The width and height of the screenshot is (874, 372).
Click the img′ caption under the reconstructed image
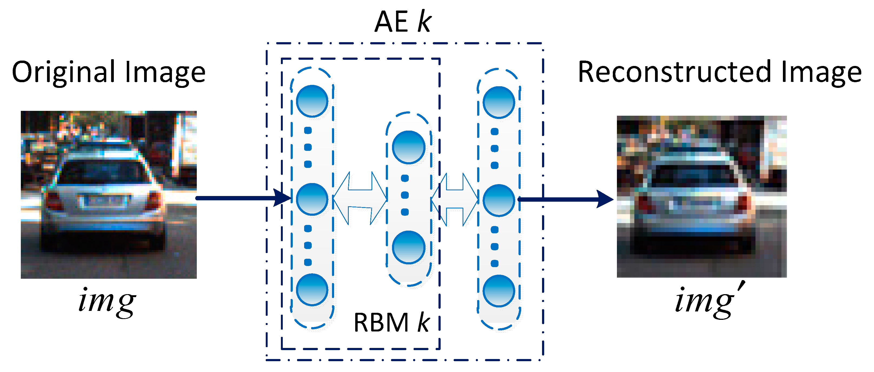pos(709,301)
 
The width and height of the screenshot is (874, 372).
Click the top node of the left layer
pos(312,101)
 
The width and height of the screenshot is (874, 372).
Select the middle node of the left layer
pos(312,199)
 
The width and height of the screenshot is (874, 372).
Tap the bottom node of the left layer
pos(312,290)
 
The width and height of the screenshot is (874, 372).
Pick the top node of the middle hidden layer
pos(408,147)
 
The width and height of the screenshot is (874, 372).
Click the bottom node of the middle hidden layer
pos(408,247)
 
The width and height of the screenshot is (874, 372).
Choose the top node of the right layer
pos(499,102)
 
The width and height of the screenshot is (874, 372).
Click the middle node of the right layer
pos(499,200)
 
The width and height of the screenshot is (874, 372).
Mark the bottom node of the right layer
pos(499,291)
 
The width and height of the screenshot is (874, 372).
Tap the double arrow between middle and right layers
pos(455,200)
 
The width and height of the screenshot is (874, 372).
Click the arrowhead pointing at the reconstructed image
pos(604,199)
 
